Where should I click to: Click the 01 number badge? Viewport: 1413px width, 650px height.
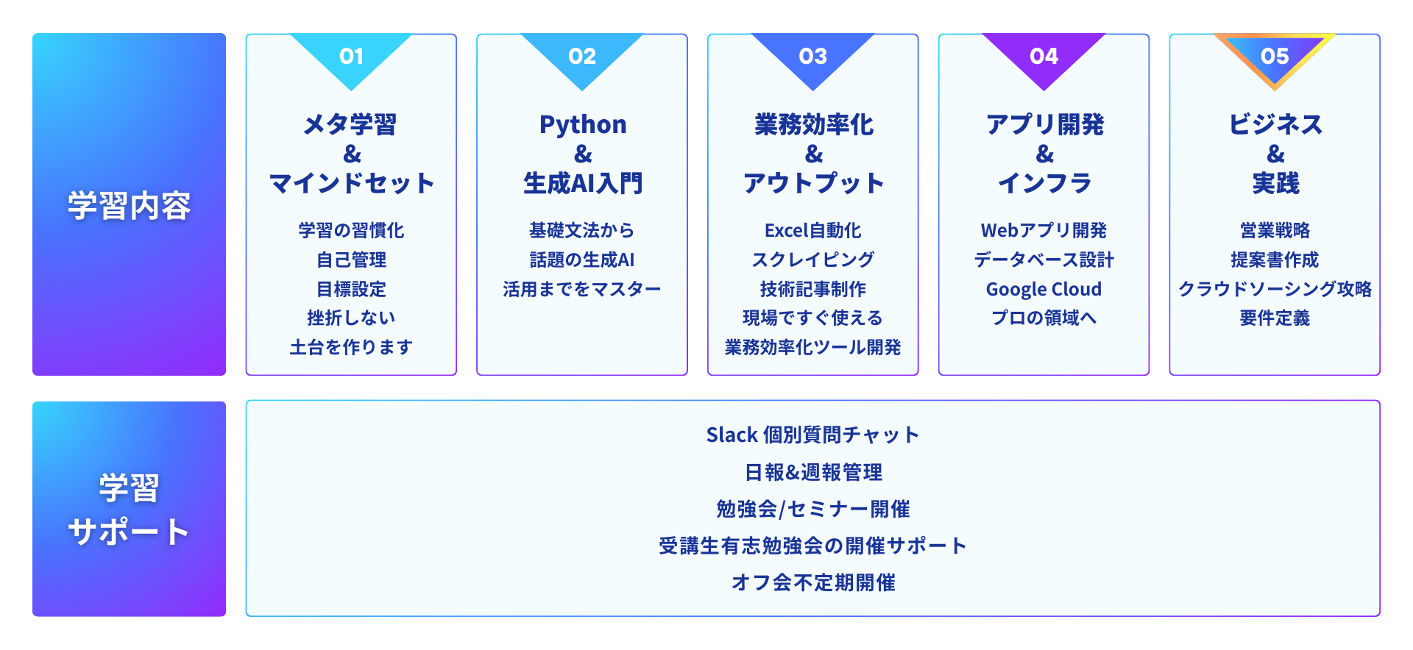pos(351,57)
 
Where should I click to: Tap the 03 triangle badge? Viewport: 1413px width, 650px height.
pos(812,57)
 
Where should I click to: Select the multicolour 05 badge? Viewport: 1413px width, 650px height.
pos(1274,57)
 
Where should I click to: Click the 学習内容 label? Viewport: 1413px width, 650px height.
pos(129,205)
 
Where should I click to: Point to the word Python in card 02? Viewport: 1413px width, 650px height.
pos(582,125)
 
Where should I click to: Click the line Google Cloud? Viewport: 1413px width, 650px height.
pos(1044,289)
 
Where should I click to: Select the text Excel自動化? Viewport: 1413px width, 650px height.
pos(812,230)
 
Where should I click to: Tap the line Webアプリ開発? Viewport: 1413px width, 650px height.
pos(1044,230)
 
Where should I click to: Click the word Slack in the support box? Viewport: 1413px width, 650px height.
pos(732,435)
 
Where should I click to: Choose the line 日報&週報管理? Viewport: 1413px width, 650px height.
pos(812,472)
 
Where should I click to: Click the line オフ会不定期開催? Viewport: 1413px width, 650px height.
pos(812,582)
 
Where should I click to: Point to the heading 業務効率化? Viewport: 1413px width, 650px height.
pos(813,125)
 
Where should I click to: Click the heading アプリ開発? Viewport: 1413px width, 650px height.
pos(1044,125)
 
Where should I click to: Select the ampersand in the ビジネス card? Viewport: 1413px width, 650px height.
pos(1275,154)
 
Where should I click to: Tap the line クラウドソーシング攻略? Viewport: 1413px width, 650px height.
pos(1275,289)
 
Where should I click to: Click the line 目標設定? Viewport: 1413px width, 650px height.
pos(351,289)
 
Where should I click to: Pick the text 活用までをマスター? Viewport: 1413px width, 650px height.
pos(581,289)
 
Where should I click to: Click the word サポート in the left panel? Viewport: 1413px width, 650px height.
pos(129,532)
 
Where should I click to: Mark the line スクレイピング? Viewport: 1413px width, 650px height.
pos(812,260)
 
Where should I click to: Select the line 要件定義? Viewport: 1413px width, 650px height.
pos(1275,318)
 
